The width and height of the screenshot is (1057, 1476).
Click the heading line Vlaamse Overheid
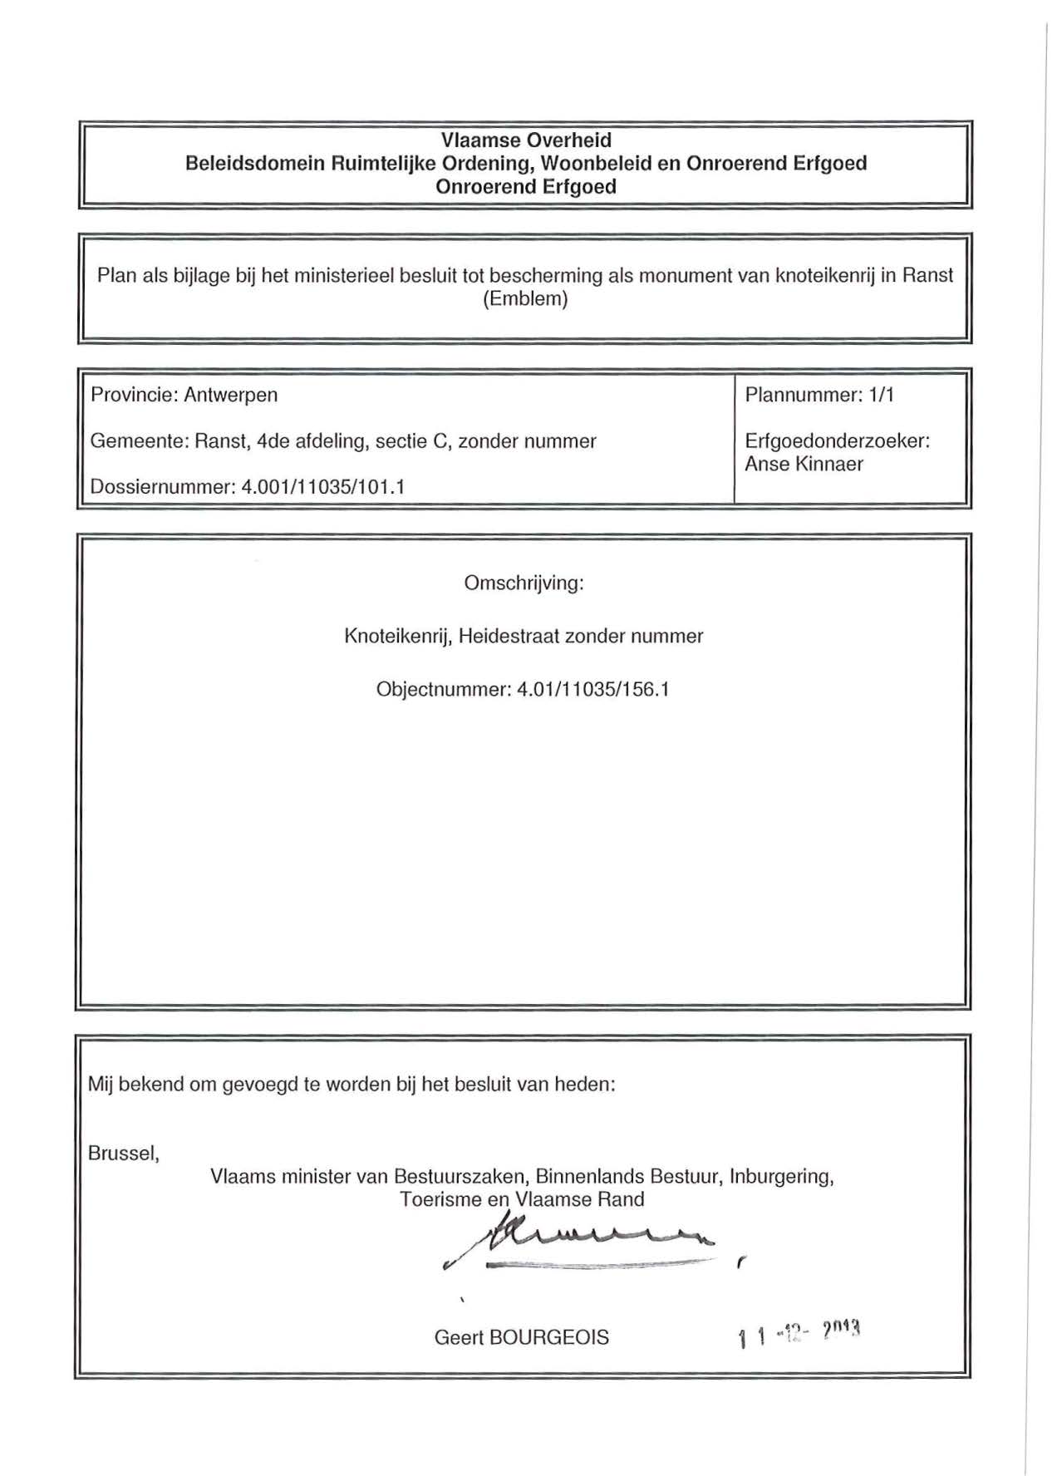click(526, 140)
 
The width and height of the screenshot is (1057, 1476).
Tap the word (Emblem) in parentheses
click(525, 299)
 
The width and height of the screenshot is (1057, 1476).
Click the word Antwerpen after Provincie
click(231, 395)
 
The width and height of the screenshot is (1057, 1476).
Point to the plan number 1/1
click(882, 395)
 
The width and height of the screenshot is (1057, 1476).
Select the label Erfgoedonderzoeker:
click(837, 441)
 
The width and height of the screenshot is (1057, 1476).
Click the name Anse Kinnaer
click(804, 465)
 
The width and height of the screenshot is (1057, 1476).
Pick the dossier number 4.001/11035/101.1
click(322, 487)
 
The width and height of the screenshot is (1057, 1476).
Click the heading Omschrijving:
click(524, 583)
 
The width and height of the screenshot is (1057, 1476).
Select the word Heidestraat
click(509, 637)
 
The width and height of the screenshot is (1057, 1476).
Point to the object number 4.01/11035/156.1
click(593, 690)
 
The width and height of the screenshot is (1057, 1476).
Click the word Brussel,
click(124, 1154)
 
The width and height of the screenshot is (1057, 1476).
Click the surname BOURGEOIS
click(549, 1338)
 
